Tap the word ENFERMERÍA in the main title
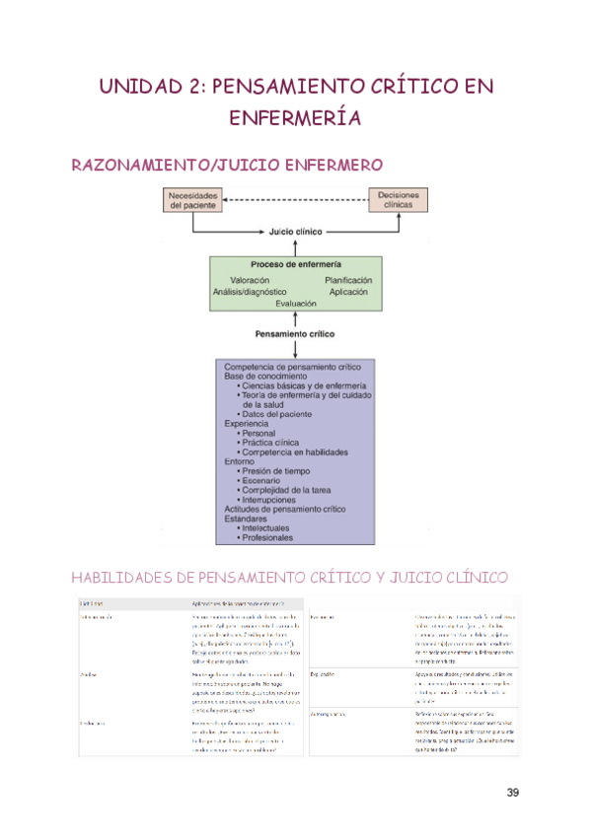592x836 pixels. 295,118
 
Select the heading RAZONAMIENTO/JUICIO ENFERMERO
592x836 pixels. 227,165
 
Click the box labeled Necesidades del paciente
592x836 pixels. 192,200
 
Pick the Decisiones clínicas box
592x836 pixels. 398,200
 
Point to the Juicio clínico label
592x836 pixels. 296,233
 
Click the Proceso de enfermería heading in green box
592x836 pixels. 296,265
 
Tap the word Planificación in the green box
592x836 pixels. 350,280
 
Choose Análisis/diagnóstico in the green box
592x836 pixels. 250,292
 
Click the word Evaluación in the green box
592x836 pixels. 296,304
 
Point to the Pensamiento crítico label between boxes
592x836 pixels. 295,334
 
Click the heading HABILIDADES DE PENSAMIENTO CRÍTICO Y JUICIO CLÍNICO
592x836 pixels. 290,576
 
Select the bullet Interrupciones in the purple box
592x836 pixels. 272,500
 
